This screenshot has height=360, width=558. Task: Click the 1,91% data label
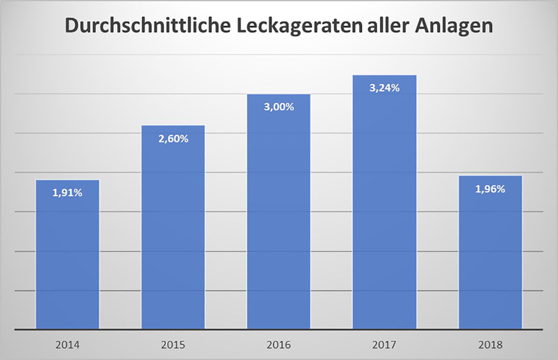click(67, 192)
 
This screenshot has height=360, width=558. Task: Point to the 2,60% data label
click(173, 138)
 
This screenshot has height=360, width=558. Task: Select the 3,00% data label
click(279, 107)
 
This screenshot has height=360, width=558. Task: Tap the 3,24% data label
click(385, 88)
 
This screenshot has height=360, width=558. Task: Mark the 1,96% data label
click(490, 189)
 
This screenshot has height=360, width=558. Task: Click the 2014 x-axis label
click(67, 345)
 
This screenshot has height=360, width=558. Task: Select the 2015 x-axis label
click(173, 345)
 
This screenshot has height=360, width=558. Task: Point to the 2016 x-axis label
click(279, 345)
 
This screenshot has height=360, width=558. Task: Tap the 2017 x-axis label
click(385, 345)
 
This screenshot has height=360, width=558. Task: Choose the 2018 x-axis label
click(490, 345)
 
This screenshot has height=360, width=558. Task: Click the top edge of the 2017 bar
click(385, 75)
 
